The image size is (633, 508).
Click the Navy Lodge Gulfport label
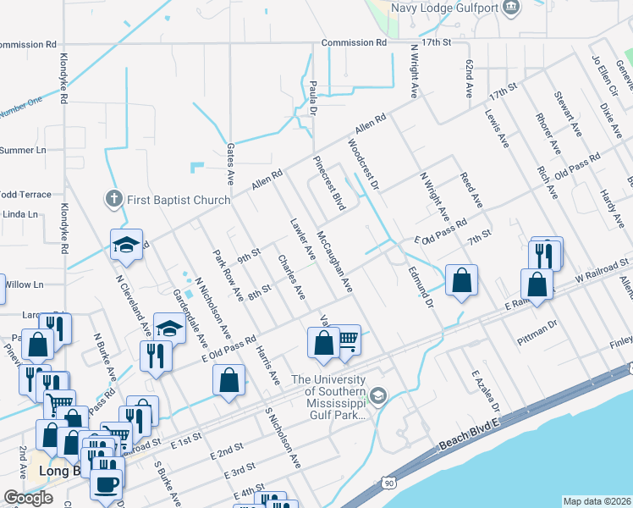[444, 8]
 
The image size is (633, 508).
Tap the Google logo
[28, 498]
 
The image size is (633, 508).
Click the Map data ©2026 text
[597, 501]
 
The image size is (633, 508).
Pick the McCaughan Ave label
[334, 262]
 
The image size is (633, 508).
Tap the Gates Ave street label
[229, 163]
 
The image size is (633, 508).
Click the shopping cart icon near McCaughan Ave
[348, 340]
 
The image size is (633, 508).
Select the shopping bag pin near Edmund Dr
[461, 282]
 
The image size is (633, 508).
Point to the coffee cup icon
[107, 484]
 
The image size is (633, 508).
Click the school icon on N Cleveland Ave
[126, 246]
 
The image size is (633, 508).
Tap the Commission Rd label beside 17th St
[354, 41]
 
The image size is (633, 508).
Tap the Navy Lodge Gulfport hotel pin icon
[510, 8]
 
